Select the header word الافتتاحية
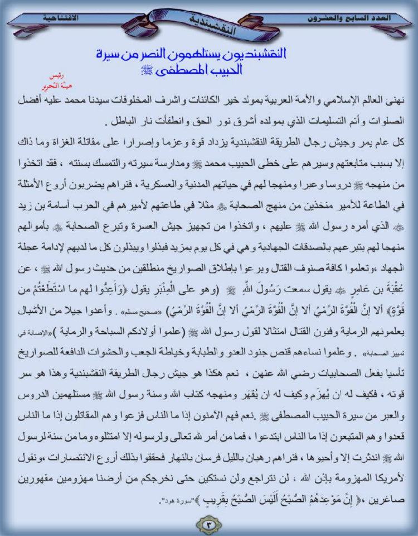tap(61, 18)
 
